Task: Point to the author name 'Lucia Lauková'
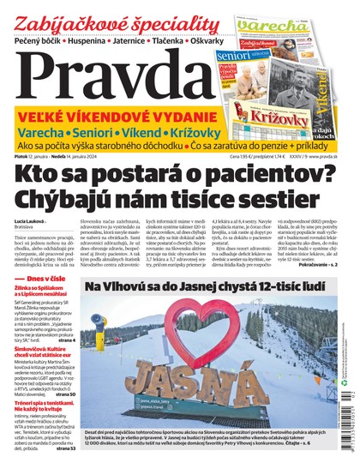[31, 221]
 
